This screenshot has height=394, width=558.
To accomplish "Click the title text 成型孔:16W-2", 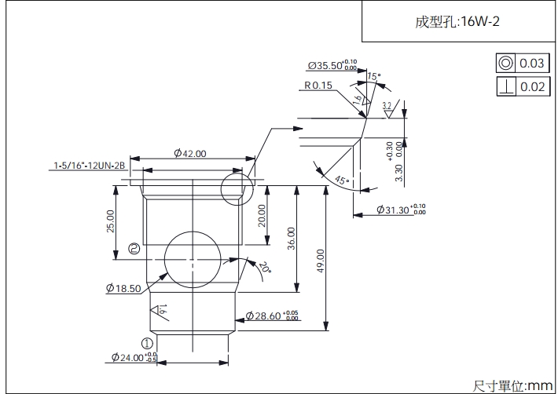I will [x=457, y=22].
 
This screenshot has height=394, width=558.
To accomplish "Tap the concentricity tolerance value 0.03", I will [x=532, y=64].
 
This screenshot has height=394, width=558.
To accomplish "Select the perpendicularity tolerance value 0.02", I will [x=532, y=86].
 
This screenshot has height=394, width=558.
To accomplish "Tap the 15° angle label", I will [x=373, y=77].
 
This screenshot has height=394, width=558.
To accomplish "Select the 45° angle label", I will [x=341, y=181].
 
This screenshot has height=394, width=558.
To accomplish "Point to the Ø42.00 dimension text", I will [x=189, y=154].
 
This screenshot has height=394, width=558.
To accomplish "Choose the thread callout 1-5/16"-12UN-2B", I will [x=90, y=166].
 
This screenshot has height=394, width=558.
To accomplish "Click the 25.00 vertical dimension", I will [x=110, y=221].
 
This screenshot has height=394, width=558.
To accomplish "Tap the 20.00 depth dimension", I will [x=262, y=213].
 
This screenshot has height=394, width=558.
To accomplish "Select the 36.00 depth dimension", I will [x=292, y=238].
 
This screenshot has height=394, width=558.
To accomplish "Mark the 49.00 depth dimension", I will [x=320, y=261].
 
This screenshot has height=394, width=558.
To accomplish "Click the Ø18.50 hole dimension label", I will [x=123, y=288].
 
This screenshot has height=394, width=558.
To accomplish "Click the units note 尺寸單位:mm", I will [x=513, y=385].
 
